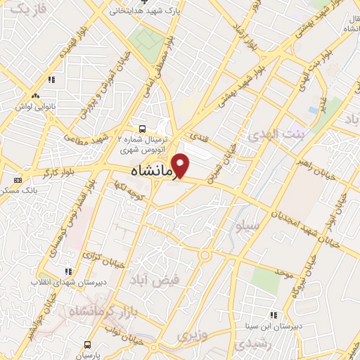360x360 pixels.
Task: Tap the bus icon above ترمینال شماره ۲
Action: coord(143,129)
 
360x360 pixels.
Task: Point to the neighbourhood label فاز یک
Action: coord(29,8)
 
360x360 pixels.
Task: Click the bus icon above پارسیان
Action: coord(87,345)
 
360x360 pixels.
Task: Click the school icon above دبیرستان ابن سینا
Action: coord(273,315)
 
